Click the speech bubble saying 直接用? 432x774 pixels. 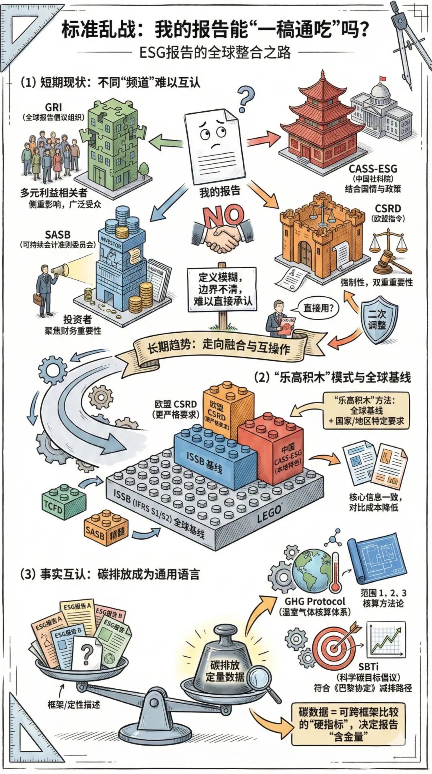[318, 308]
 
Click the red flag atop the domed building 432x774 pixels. [382, 79]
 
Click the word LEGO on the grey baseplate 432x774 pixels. [269, 515]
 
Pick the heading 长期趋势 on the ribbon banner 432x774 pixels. [168, 345]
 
